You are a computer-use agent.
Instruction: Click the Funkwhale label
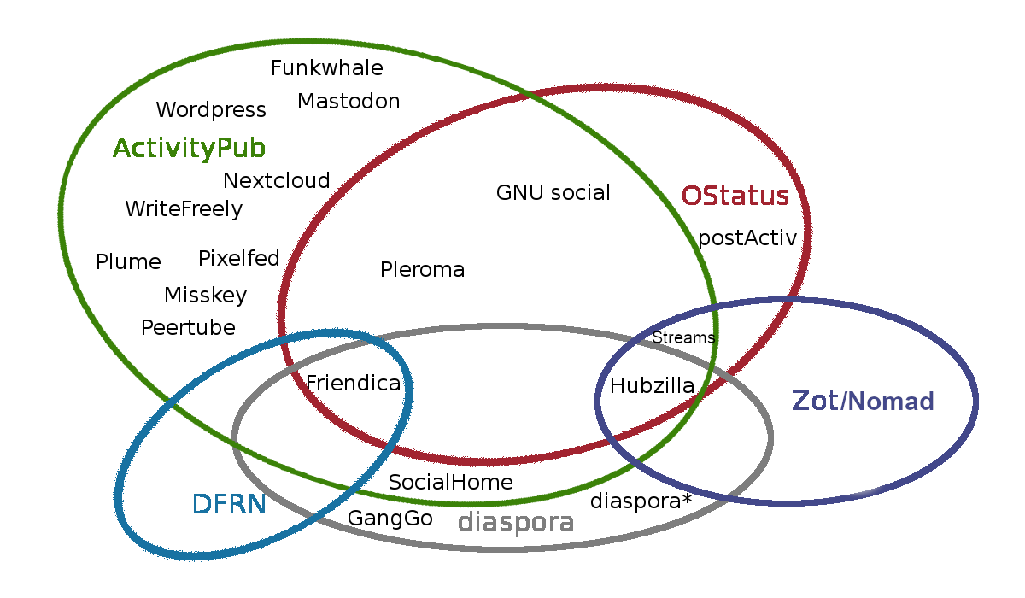(326, 68)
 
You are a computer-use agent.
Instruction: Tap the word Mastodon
(348, 102)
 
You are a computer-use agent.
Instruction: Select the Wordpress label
(211, 110)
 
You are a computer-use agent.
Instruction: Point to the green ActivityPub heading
(189, 149)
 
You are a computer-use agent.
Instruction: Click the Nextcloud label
(276, 181)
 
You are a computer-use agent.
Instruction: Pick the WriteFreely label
(184, 209)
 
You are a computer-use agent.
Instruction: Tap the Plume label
(128, 262)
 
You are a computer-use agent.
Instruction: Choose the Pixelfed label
(238, 259)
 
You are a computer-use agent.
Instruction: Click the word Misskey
(205, 296)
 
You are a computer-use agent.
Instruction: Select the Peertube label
(188, 328)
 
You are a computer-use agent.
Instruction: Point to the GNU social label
(553, 193)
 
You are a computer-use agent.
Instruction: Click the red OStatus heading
(735, 196)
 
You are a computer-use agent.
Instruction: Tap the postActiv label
(747, 238)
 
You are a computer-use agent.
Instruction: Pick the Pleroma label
(422, 271)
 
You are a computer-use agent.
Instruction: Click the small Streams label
(682, 337)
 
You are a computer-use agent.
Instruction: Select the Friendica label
(353, 384)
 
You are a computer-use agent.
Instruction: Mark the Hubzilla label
(652, 386)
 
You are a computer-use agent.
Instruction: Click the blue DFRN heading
(229, 505)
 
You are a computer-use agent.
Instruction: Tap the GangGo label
(389, 519)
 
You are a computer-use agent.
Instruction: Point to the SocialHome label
(450, 483)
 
